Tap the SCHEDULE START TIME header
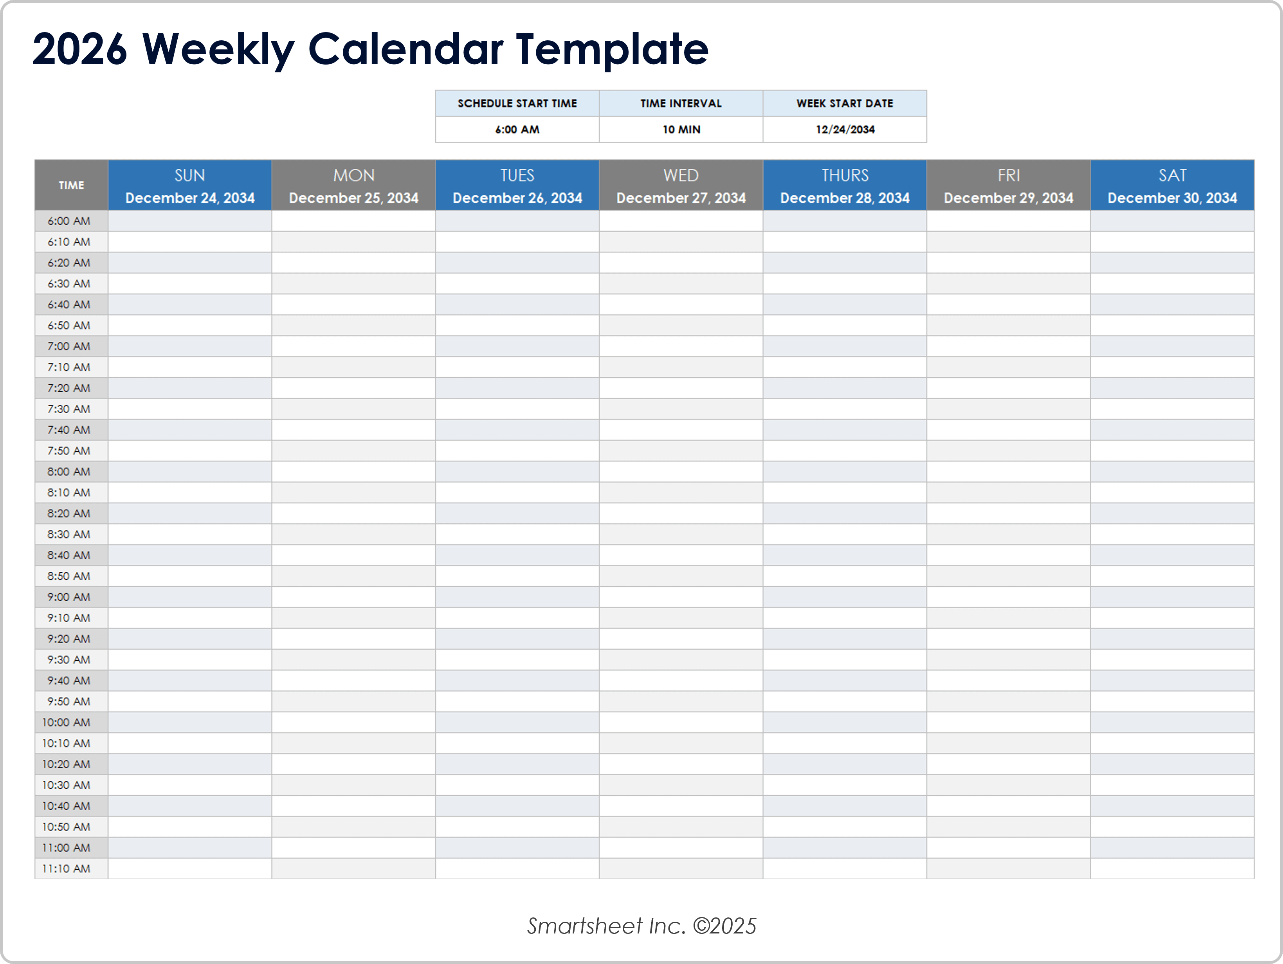pyautogui.click(x=517, y=103)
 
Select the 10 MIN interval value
pyautogui.click(x=681, y=129)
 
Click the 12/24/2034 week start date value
pyautogui.click(x=845, y=129)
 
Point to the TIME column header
pyautogui.click(x=71, y=185)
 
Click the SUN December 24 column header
pyautogui.click(x=190, y=186)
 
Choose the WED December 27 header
pyautogui.click(x=681, y=186)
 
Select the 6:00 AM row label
pyautogui.click(x=69, y=221)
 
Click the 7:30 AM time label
pyautogui.click(x=69, y=409)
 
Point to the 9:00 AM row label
pyautogui.click(x=69, y=597)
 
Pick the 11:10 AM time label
pyautogui.click(x=66, y=868)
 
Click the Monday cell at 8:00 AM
pyautogui.click(x=353, y=472)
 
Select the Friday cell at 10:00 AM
pyautogui.click(x=1008, y=722)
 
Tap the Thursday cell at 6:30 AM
pyautogui.click(x=845, y=284)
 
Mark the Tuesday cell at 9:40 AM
pyautogui.click(x=517, y=680)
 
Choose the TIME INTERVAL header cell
pyautogui.click(x=681, y=103)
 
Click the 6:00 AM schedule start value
pyautogui.click(x=517, y=129)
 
